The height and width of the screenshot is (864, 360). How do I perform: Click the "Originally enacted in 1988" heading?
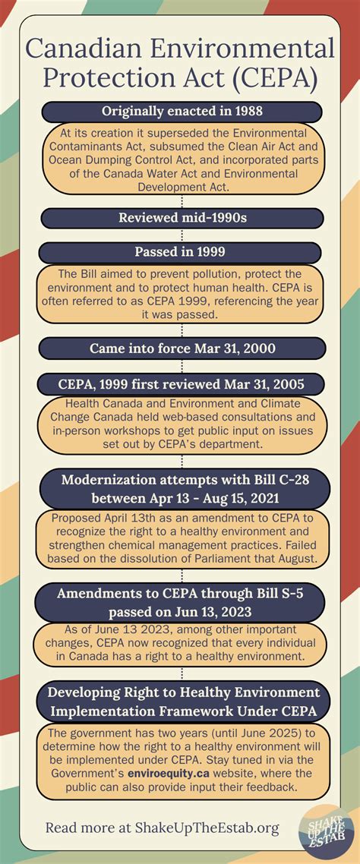coord(182,112)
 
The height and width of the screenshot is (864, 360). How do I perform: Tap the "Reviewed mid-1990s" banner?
coord(182,218)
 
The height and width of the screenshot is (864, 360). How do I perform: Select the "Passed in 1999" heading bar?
coord(182,252)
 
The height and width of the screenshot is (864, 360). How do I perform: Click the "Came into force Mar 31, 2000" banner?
coord(182,348)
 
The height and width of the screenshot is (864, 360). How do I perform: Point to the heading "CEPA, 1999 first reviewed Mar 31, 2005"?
coord(182,383)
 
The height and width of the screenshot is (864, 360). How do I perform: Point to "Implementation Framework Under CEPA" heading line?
coord(182,710)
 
